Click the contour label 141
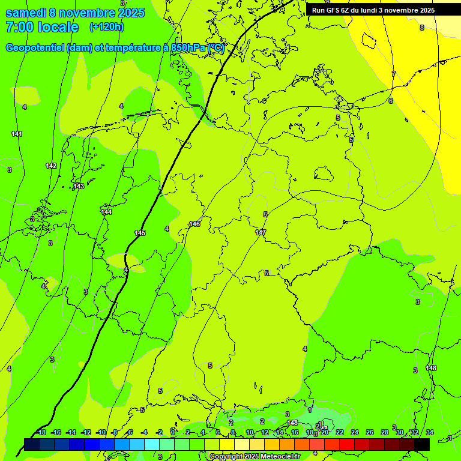click(x=17, y=134)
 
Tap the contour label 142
click(x=51, y=166)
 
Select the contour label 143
click(x=79, y=187)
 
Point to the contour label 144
click(x=106, y=212)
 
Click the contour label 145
click(x=140, y=233)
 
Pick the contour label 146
click(x=194, y=224)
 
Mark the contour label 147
click(x=261, y=232)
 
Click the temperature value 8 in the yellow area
click(x=421, y=28)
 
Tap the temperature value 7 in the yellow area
click(x=394, y=74)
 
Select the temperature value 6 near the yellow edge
click(x=390, y=101)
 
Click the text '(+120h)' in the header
click(x=106, y=27)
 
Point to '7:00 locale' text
click(x=42, y=27)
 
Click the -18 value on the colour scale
click(x=40, y=432)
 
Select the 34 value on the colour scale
click(x=429, y=432)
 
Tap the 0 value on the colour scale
click(x=173, y=432)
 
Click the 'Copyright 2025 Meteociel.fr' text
click(x=255, y=456)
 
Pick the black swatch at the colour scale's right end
click(x=422, y=444)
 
